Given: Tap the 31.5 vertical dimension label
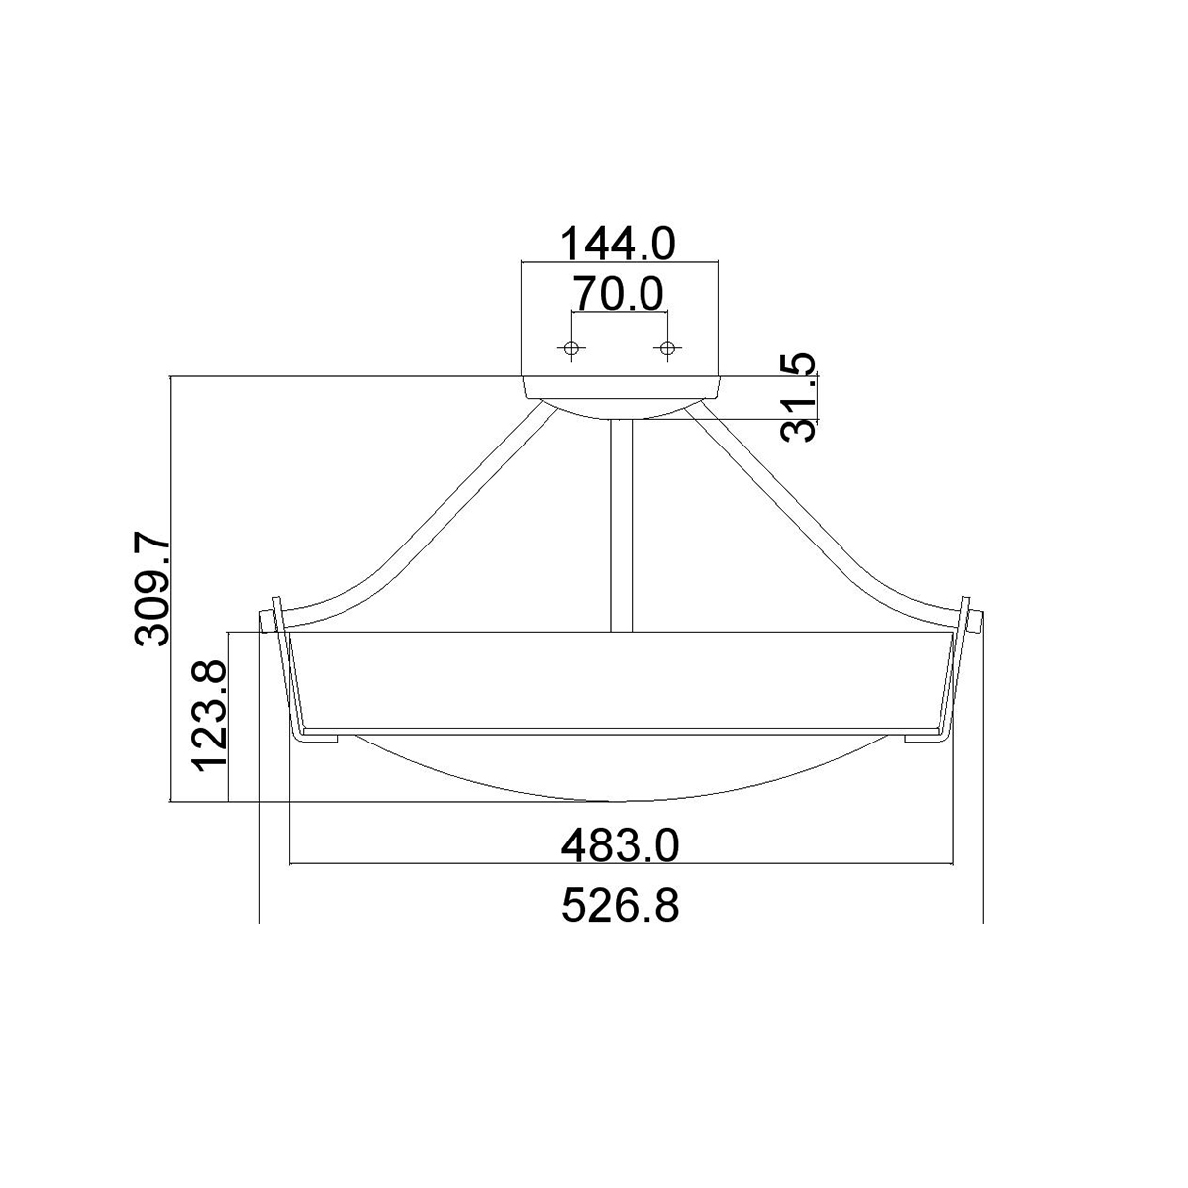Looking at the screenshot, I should tap(800, 397).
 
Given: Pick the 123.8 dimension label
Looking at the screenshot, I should tap(211, 716).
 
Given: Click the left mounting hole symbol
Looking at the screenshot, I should tap(571, 347).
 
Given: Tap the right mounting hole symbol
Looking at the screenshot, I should tap(668, 347).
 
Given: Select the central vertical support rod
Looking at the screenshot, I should tap(622, 525).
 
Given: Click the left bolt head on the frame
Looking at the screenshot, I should tap(265, 621).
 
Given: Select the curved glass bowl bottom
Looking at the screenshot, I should tap(621, 777).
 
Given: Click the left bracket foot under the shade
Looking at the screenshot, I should tap(321, 738).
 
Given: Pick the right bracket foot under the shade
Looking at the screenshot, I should tap(921, 738).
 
